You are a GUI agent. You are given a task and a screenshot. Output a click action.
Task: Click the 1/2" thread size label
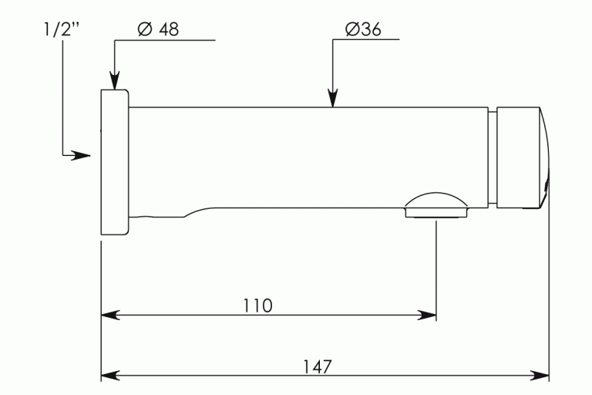point(62,29)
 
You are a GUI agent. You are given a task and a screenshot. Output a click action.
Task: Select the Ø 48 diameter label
point(158,29)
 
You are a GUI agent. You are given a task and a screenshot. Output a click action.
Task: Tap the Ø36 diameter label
point(363,29)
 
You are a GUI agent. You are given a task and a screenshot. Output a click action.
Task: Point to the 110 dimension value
point(257,306)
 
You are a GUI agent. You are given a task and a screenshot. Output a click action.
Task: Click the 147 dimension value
point(318,366)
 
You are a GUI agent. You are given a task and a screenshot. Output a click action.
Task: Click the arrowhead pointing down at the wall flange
point(114,80)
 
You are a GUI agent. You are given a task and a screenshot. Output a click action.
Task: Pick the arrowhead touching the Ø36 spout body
point(333,97)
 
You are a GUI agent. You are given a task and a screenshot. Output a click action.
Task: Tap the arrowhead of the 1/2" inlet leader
point(81,155)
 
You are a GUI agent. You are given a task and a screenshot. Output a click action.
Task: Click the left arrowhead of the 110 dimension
point(110,315)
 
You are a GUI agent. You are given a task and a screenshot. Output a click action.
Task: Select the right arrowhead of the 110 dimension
point(426,315)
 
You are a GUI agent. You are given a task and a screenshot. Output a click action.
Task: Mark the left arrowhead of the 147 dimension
point(110,376)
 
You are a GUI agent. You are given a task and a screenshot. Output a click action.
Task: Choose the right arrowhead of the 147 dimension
point(540,376)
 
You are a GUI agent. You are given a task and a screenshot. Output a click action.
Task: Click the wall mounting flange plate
point(115,162)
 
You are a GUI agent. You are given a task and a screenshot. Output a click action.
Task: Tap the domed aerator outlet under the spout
point(436,205)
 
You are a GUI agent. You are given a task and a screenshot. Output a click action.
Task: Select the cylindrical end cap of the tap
point(518,157)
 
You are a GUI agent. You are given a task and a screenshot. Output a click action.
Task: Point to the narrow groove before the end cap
point(493,157)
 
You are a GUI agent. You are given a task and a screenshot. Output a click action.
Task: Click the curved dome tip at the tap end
point(545,157)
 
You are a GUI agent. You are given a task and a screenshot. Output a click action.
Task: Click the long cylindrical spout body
point(308,157)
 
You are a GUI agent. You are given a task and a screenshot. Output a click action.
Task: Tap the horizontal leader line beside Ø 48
point(165,39)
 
